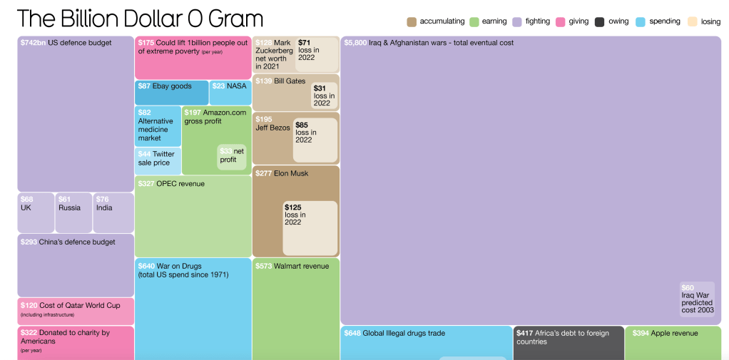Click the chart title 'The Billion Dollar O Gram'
(140, 19)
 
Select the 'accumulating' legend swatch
(412, 21)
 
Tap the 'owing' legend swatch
(600, 21)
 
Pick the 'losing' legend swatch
(692, 21)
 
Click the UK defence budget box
(36, 212)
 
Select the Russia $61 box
(73, 212)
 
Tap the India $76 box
(113, 212)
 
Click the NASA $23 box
(230, 93)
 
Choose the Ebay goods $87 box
(171, 93)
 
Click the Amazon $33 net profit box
(232, 157)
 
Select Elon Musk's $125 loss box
(310, 228)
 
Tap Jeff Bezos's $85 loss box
(315, 140)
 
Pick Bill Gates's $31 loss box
(324, 96)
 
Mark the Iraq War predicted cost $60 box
(697, 299)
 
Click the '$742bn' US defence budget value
(33, 43)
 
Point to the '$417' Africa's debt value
(526, 333)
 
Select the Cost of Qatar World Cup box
(76, 312)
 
